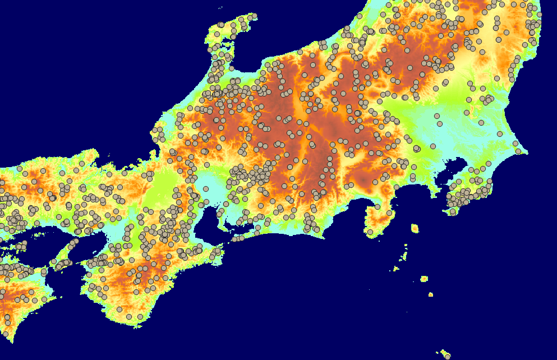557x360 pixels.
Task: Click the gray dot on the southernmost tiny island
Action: point(447,356)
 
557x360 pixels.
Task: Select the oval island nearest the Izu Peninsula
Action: point(415,228)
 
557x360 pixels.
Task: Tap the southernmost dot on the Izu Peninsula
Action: point(370,232)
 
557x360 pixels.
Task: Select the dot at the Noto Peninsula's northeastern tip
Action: point(254,16)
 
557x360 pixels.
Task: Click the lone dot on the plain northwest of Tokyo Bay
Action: point(432,146)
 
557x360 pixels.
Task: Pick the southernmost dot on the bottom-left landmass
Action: point(6,334)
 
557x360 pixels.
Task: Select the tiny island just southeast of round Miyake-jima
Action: point(430,294)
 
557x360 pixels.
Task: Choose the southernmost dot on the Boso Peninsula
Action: point(453,212)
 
